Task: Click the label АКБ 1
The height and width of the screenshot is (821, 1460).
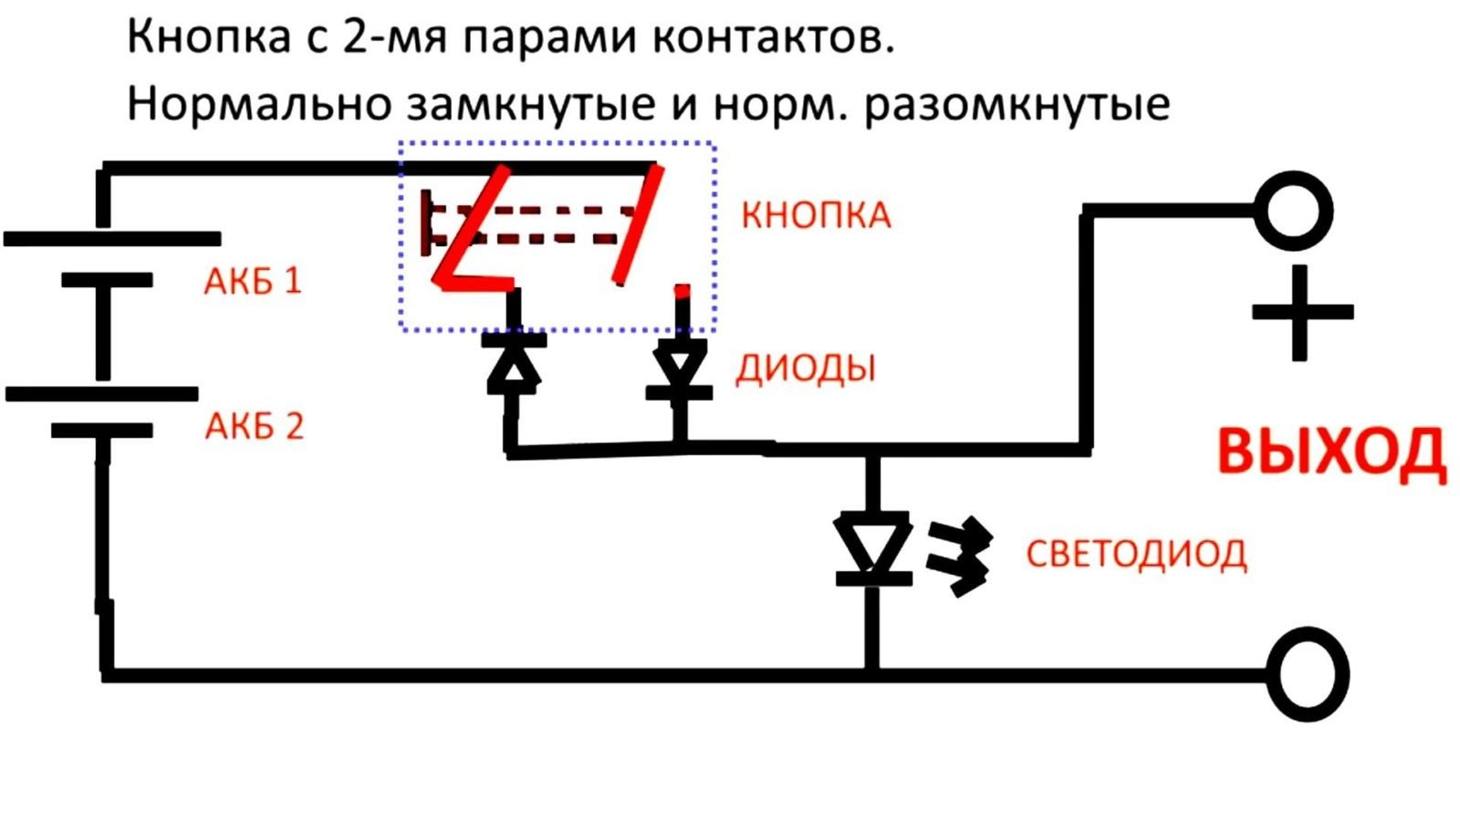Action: tap(253, 280)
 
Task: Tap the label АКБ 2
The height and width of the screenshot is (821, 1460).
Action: tap(254, 426)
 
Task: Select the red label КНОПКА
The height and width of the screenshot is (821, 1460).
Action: tap(816, 215)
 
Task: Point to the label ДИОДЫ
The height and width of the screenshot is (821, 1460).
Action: tap(806, 368)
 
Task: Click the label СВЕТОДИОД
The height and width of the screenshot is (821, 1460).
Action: tap(1136, 554)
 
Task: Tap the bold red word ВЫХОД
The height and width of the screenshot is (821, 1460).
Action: tap(1331, 452)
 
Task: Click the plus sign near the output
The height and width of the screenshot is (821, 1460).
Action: tap(1301, 312)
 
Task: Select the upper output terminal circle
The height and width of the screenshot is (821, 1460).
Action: tap(1294, 211)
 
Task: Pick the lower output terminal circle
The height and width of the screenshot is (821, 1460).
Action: tap(1310, 675)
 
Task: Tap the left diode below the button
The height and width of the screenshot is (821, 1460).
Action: tap(515, 364)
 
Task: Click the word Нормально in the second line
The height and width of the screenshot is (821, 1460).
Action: tap(258, 104)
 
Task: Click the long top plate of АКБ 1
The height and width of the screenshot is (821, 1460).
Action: tap(112, 239)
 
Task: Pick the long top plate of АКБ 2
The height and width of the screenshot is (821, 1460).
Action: tap(101, 394)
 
